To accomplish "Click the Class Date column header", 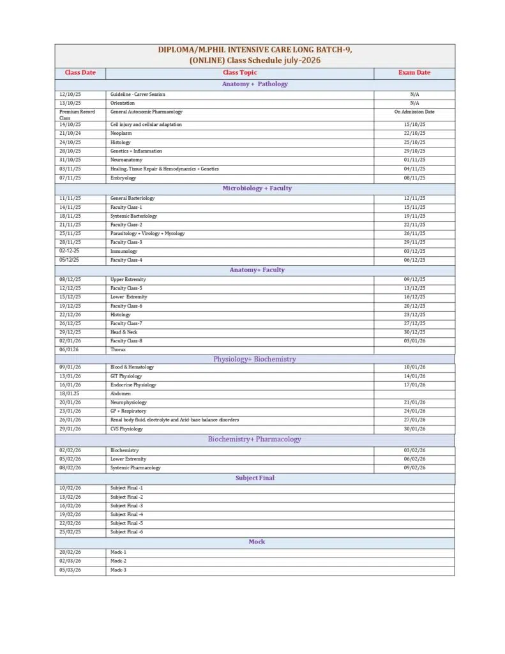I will [80, 73].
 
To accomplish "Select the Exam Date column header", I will [414, 73].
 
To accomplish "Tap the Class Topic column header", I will [239, 73].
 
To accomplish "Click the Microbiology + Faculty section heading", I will [257, 188].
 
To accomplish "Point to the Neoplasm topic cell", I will [121, 133].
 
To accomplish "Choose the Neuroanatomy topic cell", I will [126, 160].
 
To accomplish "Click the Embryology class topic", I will [123, 178].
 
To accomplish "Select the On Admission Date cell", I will [414, 112].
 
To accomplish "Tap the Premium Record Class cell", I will [77, 115].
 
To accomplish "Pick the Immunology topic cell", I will [124, 252].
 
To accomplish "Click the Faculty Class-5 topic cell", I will [126, 288].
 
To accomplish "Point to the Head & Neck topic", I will [124, 332].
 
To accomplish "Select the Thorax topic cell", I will [118, 350].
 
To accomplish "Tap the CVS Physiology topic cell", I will [126, 429].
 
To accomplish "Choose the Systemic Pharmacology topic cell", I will [135, 468].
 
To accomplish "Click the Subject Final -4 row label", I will [126, 514].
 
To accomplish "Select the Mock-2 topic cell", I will [118, 561].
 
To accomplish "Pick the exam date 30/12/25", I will [414, 332].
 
